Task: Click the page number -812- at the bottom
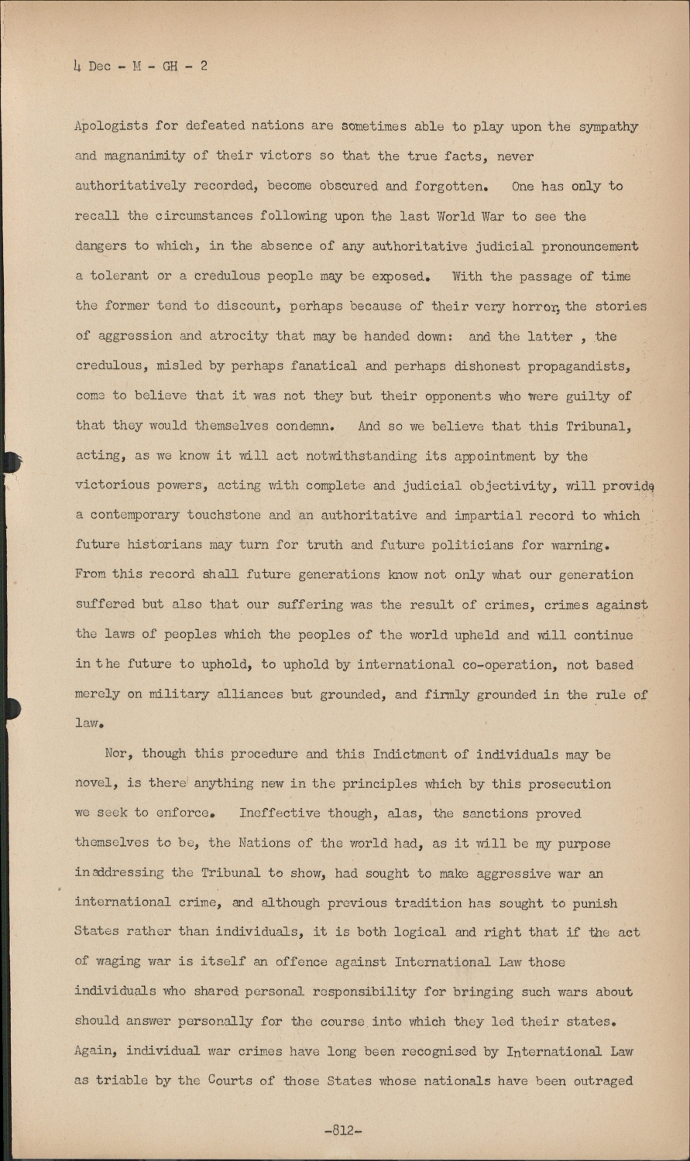pos(344,1130)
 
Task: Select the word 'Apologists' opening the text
pos(110,127)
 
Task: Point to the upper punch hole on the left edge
pos(9,462)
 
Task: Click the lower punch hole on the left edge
pos(9,707)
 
